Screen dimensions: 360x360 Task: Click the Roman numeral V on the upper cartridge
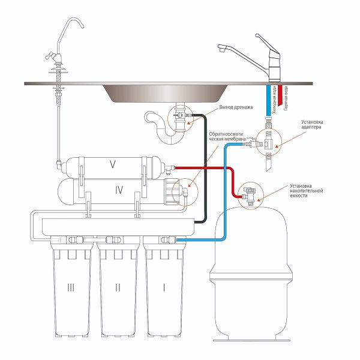(112, 163)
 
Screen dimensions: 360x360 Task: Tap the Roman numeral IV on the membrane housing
(119, 190)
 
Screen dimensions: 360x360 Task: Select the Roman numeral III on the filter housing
(71, 288)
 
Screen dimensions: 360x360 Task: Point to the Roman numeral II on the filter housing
(118, 288)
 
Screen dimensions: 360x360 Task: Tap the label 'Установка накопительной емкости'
(310, 190)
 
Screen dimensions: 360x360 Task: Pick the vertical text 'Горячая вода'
(287, 98)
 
